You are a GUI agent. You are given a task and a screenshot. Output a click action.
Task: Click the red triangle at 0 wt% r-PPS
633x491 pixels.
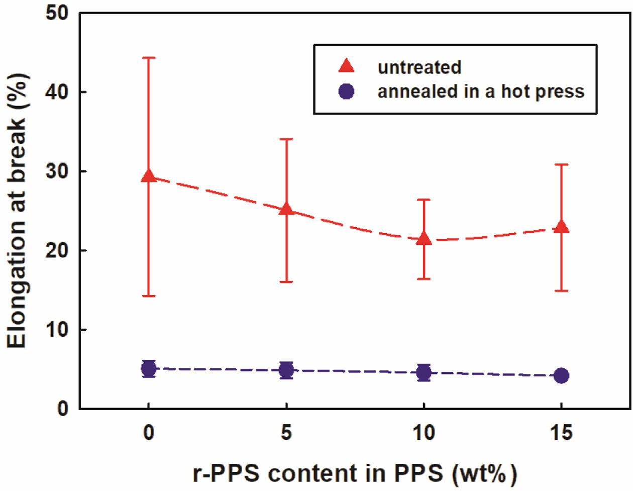pos(148,175)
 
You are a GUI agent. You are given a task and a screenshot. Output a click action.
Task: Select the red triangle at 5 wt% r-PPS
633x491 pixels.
pos(286,209)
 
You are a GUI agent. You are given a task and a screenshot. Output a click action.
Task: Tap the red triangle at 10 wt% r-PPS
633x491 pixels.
pos(424,238)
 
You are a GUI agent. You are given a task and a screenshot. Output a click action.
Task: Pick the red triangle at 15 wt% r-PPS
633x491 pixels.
pos(562,226)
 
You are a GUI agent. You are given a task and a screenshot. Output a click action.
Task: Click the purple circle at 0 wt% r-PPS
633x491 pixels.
pos(148,369)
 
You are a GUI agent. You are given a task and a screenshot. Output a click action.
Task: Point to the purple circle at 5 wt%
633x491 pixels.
pos(286,370)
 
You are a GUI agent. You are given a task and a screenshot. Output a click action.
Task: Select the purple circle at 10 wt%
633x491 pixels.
pos(424,373)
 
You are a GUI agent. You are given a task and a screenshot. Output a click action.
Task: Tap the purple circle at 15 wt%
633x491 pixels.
pos(562,375)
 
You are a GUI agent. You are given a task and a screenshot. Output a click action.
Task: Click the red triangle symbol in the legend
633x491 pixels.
pos(347,66)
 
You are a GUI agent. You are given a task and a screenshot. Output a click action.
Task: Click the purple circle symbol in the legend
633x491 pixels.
pos(347,91)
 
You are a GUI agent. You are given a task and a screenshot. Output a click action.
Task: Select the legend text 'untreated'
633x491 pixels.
pos(419,67)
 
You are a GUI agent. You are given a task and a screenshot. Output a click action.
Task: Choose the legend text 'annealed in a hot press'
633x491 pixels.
pos(481,91)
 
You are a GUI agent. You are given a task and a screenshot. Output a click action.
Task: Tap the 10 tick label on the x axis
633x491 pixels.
pos(424,432)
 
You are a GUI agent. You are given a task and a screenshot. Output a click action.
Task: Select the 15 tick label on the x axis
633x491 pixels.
pos(562,432)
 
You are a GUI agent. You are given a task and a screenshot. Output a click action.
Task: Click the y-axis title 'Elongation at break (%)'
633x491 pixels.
pos(18,211)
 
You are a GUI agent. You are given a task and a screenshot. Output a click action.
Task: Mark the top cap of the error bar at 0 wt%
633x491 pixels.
pos(148,58)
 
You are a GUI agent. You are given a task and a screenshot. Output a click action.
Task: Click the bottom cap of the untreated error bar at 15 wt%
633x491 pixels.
pos(562,290)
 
